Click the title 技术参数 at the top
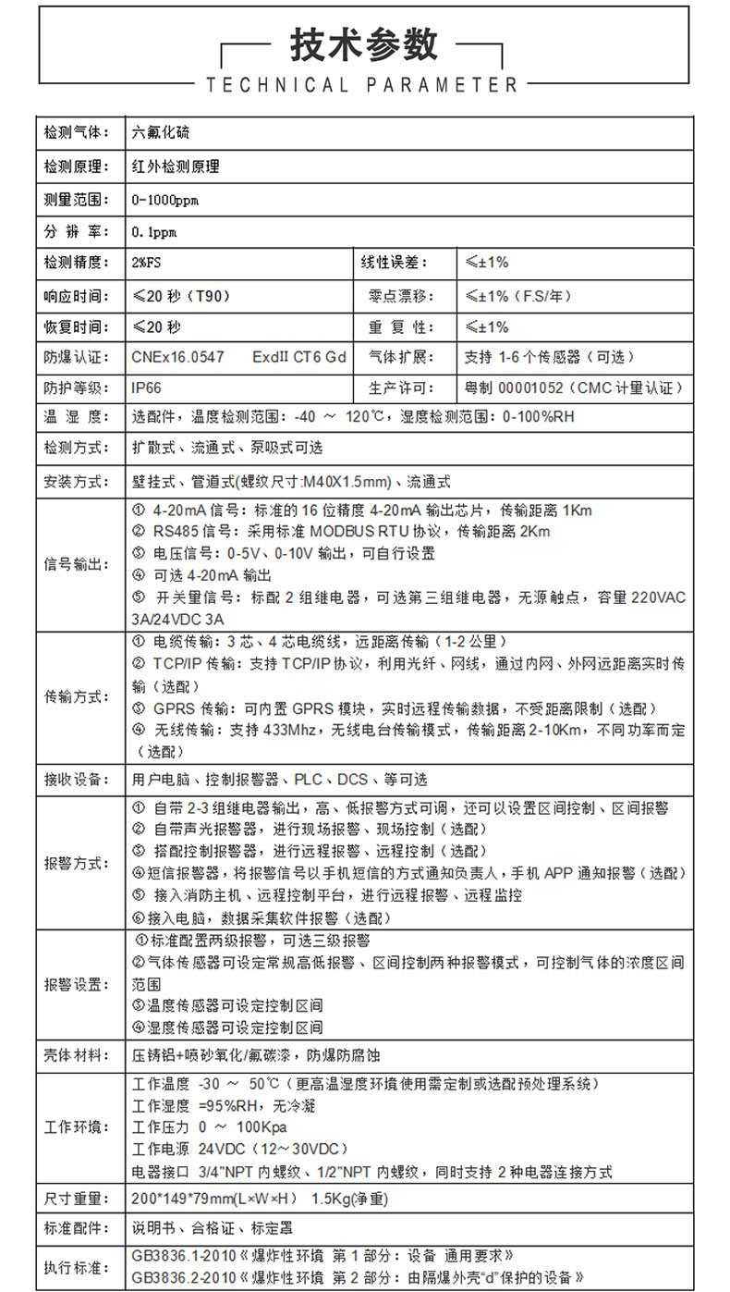pyautogui.click(x=364, y=43)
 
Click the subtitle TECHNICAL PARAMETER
pyautogui.click(x=361, y=85)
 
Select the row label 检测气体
pyautogui.click(x=77, y=133)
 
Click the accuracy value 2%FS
pyautogui.click(x=147, y=263)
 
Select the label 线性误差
pyautogui.click(x=395, y=263)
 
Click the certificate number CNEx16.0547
pyautogui.click(x=178, y=357)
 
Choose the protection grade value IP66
pyautogui.click(x=147, y=388)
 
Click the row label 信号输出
pyautogui.click(x=77, y=564)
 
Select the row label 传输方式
pyautogui.click(x=77, y=697)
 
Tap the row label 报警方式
pyautogui.click(x=77, y=862)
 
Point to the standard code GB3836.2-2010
pyautogui.click(x=184, y=1277)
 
